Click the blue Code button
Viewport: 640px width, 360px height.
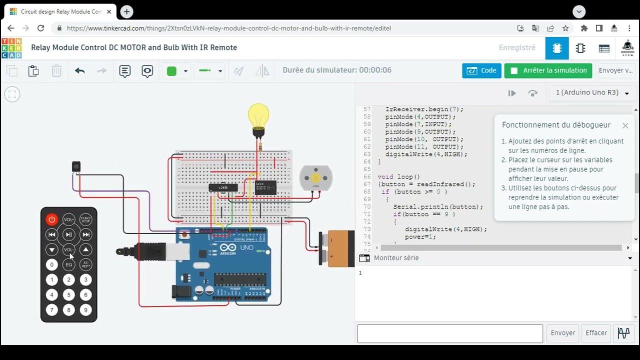[x=481, y=70]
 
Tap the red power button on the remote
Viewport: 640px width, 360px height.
[x=52, y=219]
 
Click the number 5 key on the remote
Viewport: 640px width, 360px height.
[x=69, y=295]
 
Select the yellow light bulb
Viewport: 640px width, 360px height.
[x=258, y=118]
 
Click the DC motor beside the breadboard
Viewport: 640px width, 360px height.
[x=315, y=178]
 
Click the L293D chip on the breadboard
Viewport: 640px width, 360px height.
[x=223, y=187]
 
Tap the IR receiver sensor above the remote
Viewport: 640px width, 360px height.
[x=76, y=165]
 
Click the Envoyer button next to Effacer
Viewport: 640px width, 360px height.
[x=563, y=333]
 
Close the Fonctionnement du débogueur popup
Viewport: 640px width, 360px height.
[x=625, y=125]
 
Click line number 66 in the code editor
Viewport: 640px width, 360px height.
[x=367, y=177]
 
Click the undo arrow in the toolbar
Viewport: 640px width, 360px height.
[x=80, y=71]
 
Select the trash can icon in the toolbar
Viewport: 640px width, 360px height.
[x=56, y=71]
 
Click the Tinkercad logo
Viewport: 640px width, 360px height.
[x=11, y=48]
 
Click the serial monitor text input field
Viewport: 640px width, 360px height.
[x=449, y=333]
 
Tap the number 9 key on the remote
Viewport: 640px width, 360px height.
[x=86, y=310]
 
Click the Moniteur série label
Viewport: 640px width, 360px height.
[x=396, y=258]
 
